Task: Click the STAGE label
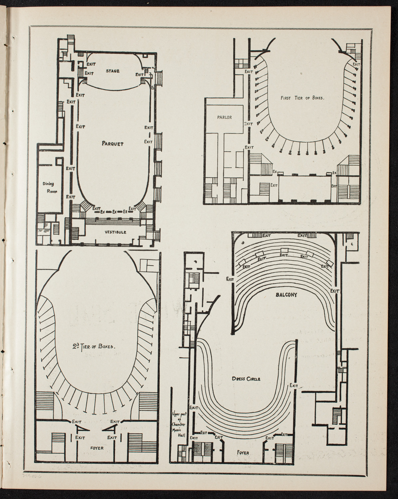click(112, 71)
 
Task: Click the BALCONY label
click(286, 294)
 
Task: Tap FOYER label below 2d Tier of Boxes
click(97, 448)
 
